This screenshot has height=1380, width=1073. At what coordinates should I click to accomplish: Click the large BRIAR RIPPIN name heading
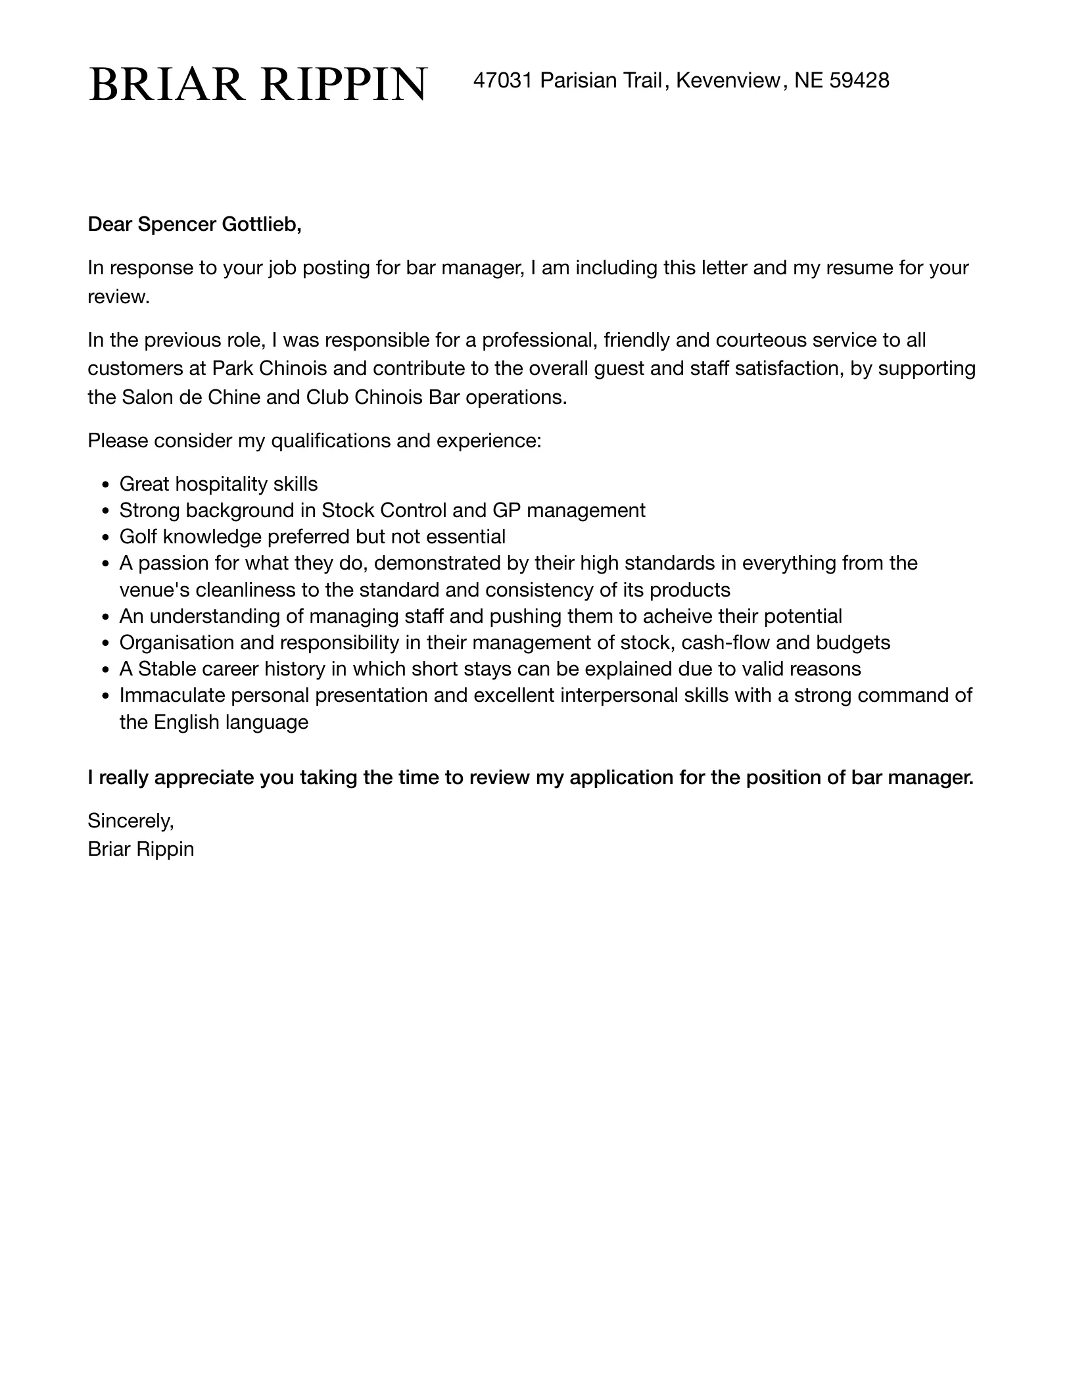258,84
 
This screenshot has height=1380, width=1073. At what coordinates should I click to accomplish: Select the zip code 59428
859,80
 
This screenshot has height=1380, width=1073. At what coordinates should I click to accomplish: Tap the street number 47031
502,80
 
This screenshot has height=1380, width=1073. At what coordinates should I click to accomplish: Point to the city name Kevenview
728,80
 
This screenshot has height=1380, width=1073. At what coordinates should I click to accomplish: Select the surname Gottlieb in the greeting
262,225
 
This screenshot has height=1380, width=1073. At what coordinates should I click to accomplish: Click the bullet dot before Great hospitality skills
105,485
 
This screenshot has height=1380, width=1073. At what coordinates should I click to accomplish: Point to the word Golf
138,537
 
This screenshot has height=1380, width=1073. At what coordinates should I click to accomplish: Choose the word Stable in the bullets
167,669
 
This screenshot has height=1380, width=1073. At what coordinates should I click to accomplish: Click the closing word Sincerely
130,820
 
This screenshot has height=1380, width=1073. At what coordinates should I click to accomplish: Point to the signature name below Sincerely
141,849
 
